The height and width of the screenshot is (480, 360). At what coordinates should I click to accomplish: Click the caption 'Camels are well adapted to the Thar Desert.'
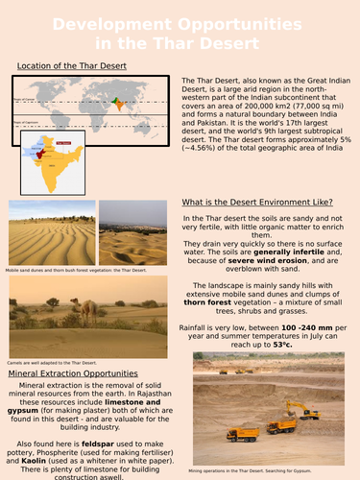coord(48,361)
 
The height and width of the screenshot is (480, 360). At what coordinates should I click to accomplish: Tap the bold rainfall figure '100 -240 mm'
coord(297,332)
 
